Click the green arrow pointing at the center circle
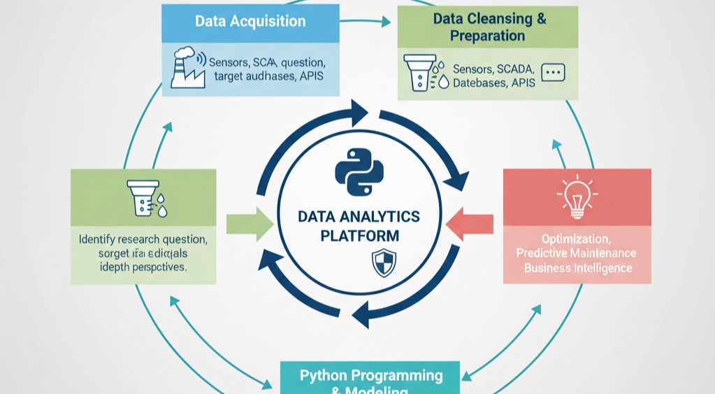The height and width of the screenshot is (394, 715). tap(250, 224)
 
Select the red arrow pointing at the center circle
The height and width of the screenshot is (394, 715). tap(469, 224)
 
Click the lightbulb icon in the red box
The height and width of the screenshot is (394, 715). tap(576, 198)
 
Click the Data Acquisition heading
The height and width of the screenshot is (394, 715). tap(250, 21)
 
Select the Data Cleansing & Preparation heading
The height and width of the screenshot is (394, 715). tap(489, 27)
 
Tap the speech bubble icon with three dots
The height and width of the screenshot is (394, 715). tap(553, 72)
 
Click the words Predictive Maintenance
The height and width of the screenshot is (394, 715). tap(576, 253)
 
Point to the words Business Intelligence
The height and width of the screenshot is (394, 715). tap(577, 268)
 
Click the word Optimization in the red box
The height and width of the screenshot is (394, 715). tap(577, 238)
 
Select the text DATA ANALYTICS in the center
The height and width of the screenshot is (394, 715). tap(359, 216)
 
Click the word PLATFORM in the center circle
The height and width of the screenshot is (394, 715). tap(359, 236)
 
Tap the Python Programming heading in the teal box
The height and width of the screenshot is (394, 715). tap(371, 376)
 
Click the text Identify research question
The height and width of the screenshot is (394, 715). tap(143, 239)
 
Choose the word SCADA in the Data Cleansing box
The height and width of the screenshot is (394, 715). tap(513, 69)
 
